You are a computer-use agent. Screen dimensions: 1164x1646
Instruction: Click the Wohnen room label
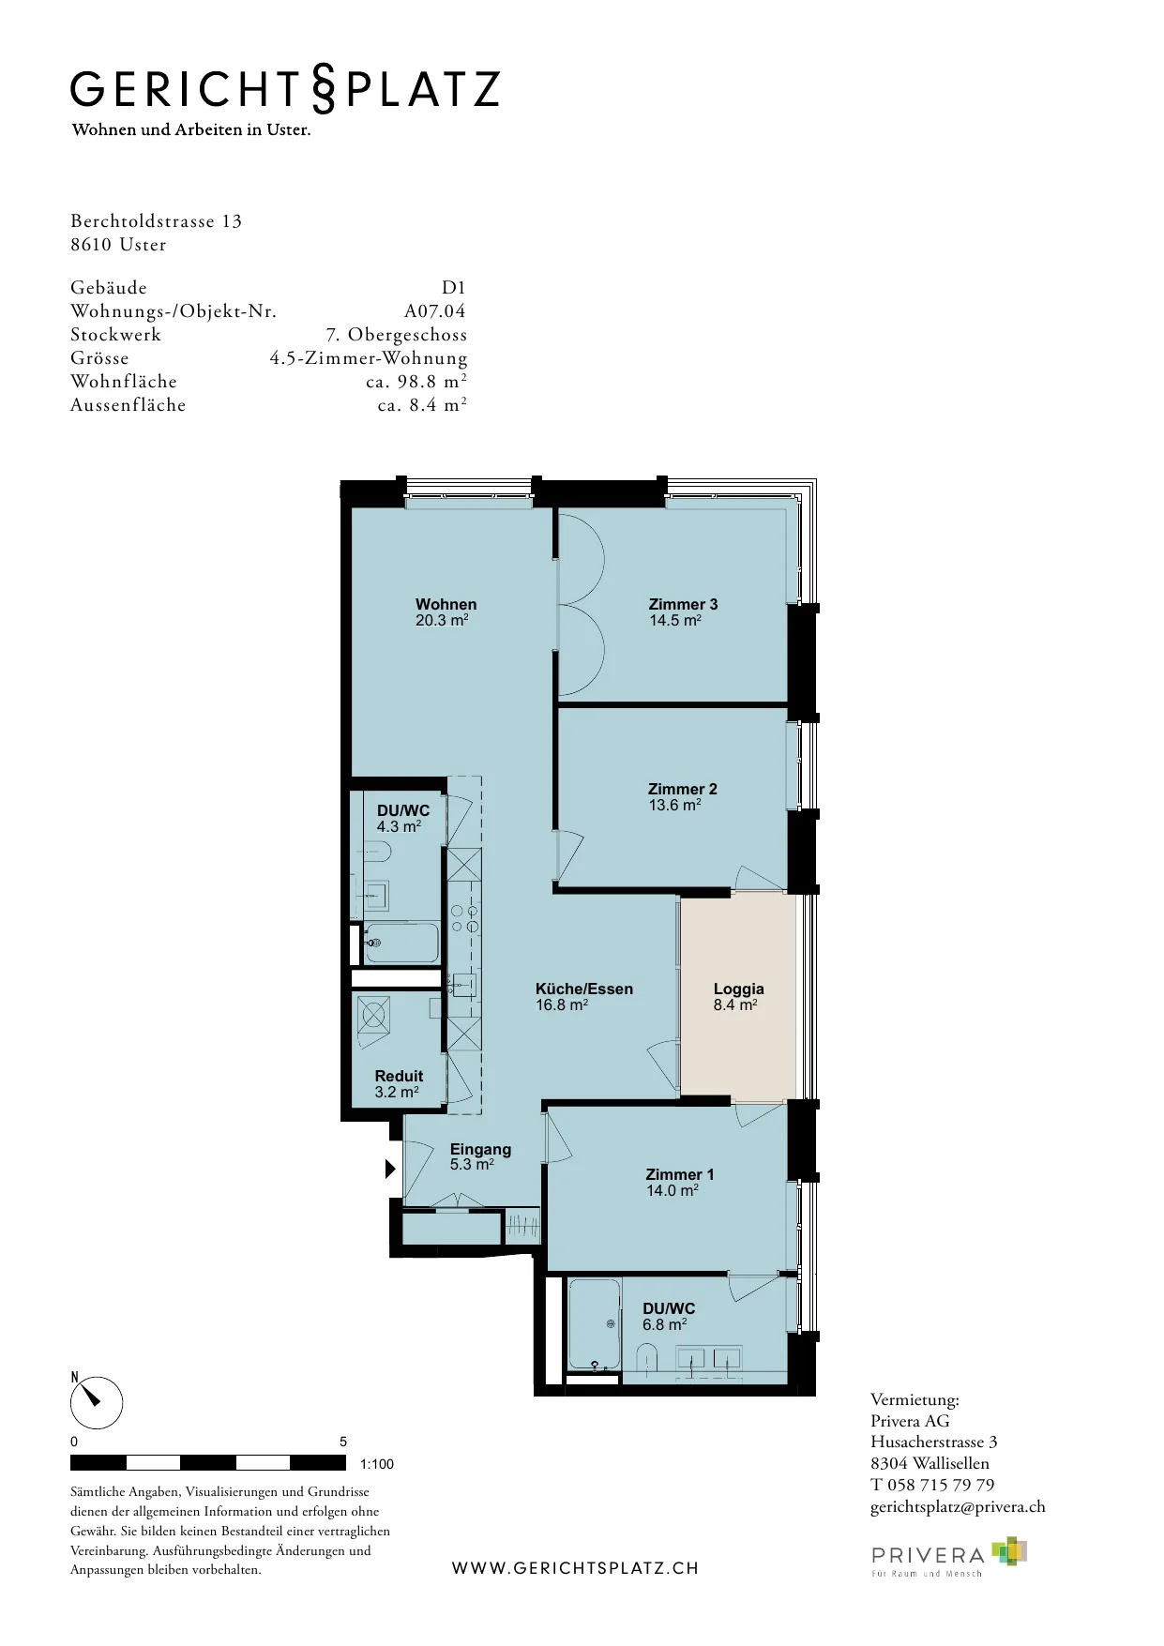(446, 604)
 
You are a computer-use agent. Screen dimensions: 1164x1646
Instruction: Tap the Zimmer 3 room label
(683, 604)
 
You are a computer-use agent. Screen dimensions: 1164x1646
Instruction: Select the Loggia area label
(739, 989)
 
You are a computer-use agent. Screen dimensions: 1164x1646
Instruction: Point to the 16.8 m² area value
(562, 1004)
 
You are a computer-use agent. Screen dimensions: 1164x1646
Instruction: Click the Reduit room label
(399, 1076)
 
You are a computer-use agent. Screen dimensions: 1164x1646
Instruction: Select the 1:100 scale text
(377, 1464)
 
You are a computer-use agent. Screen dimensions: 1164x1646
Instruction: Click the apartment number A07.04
(435, 311)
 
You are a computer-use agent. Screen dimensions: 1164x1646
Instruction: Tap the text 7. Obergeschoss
(397, 335)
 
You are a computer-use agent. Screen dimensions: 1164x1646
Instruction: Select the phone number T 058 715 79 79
(932, 1485)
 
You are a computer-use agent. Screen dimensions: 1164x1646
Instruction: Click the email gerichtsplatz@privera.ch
(958, 1506)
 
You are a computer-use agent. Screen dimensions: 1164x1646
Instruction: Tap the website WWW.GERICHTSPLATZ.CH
(576, 1568)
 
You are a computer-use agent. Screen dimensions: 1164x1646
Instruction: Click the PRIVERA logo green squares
(1010, 1551)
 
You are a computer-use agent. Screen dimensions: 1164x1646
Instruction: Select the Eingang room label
(480, 1149)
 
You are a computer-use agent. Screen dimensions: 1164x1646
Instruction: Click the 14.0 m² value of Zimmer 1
(672, 1190)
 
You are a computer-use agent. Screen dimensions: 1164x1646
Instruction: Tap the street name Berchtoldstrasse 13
(157, 221)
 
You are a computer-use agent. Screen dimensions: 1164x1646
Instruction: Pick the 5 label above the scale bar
(343, 1442)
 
